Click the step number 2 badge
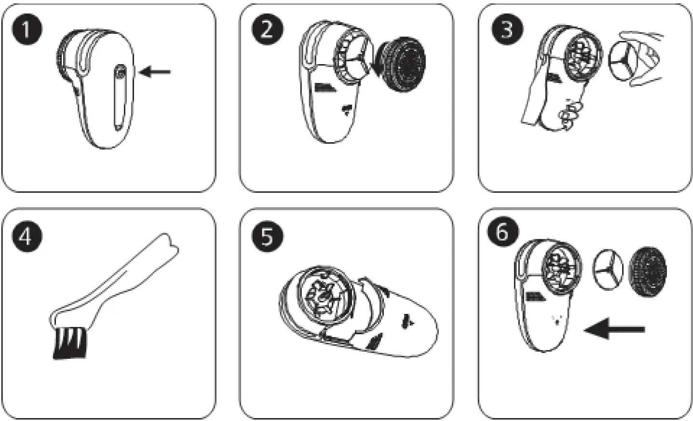tap(267, 29)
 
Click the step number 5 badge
tap(267, 237)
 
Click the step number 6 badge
tap(502, 232)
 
